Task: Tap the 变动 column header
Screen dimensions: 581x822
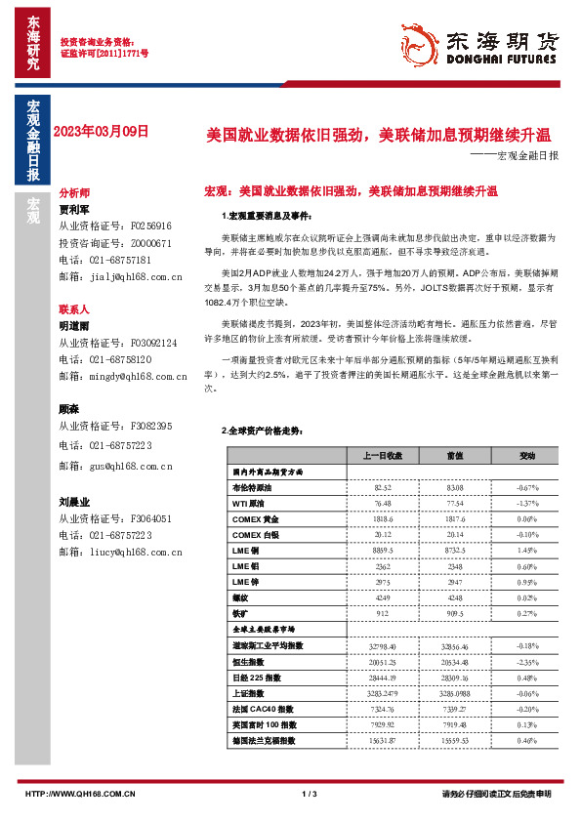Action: coord(500,456)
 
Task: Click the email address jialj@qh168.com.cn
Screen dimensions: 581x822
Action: coord(136,278)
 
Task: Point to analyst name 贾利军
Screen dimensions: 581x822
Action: coord(74,209)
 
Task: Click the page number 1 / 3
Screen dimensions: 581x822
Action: coord(311,794)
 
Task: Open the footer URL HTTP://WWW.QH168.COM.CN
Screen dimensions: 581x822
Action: coord(80,795)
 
